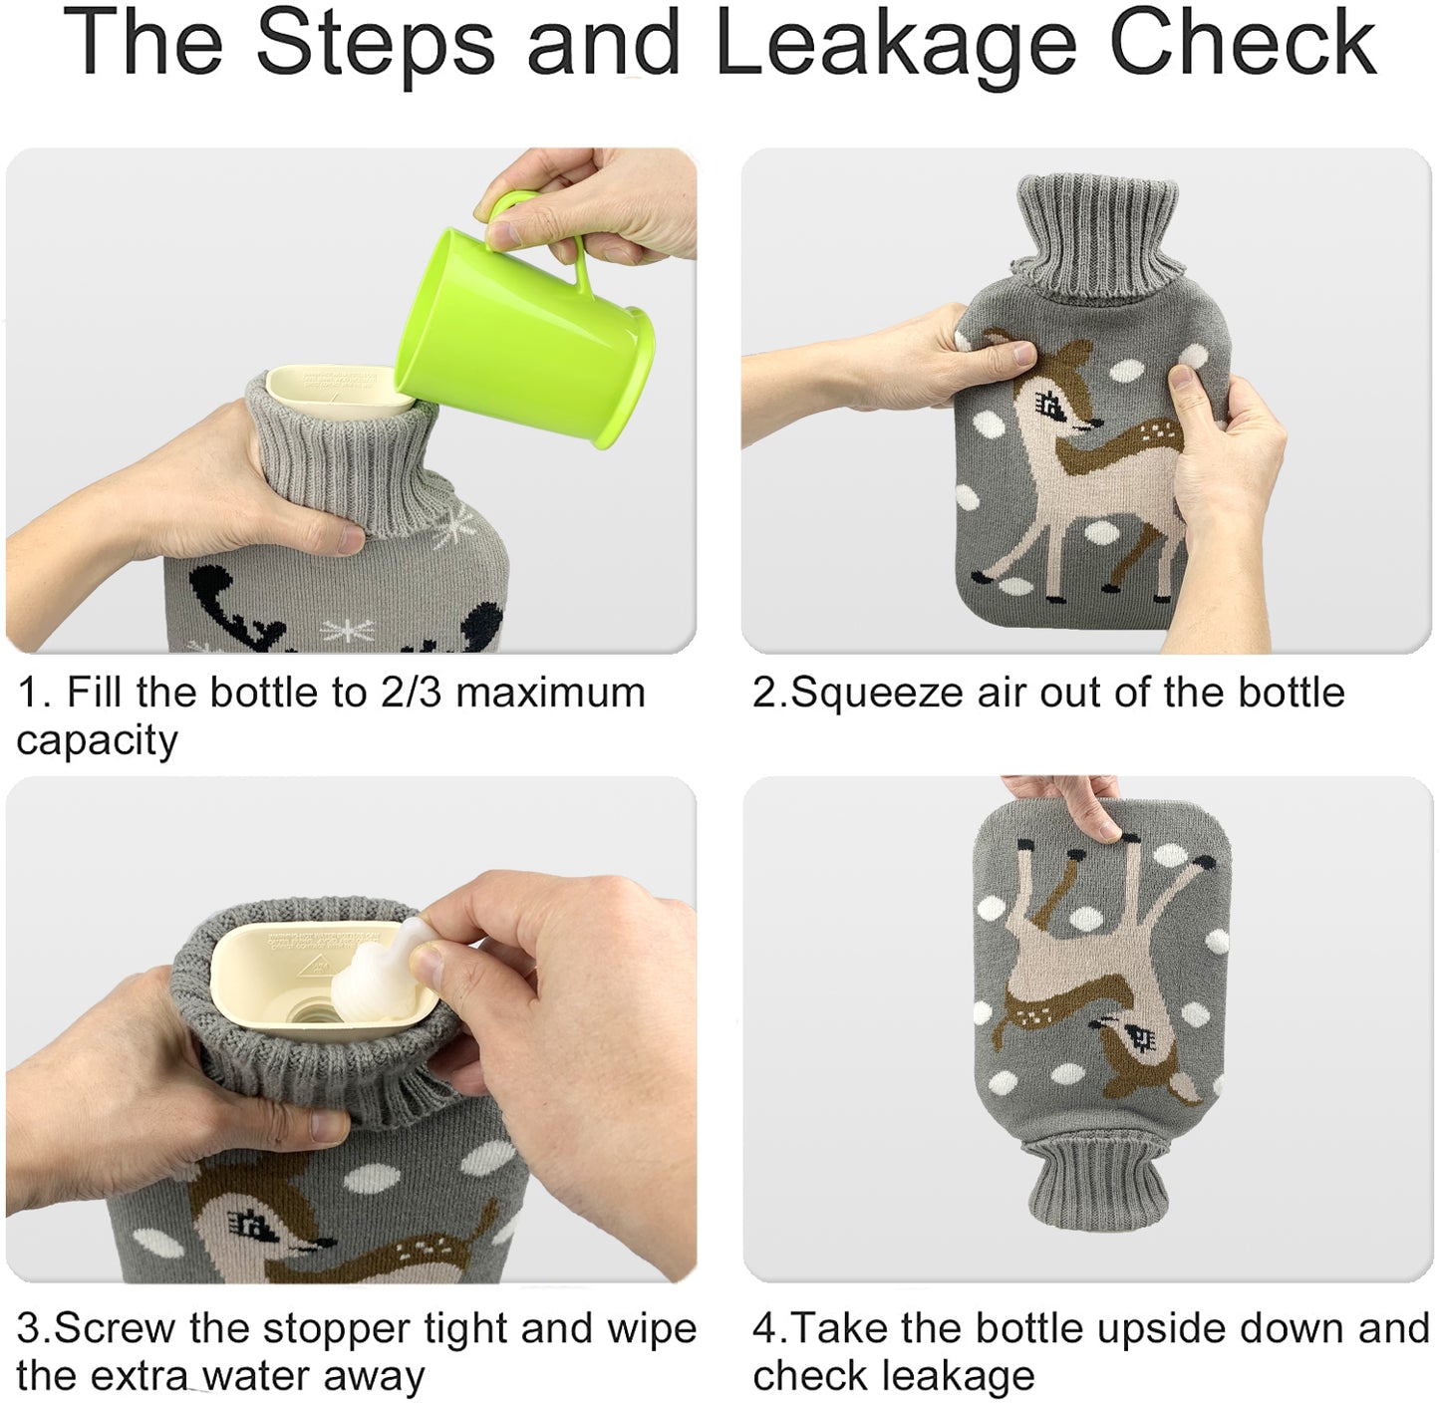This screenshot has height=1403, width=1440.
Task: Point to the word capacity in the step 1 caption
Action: (x=97, y=741)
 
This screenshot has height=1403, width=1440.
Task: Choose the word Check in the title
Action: (x=1243, y=45)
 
